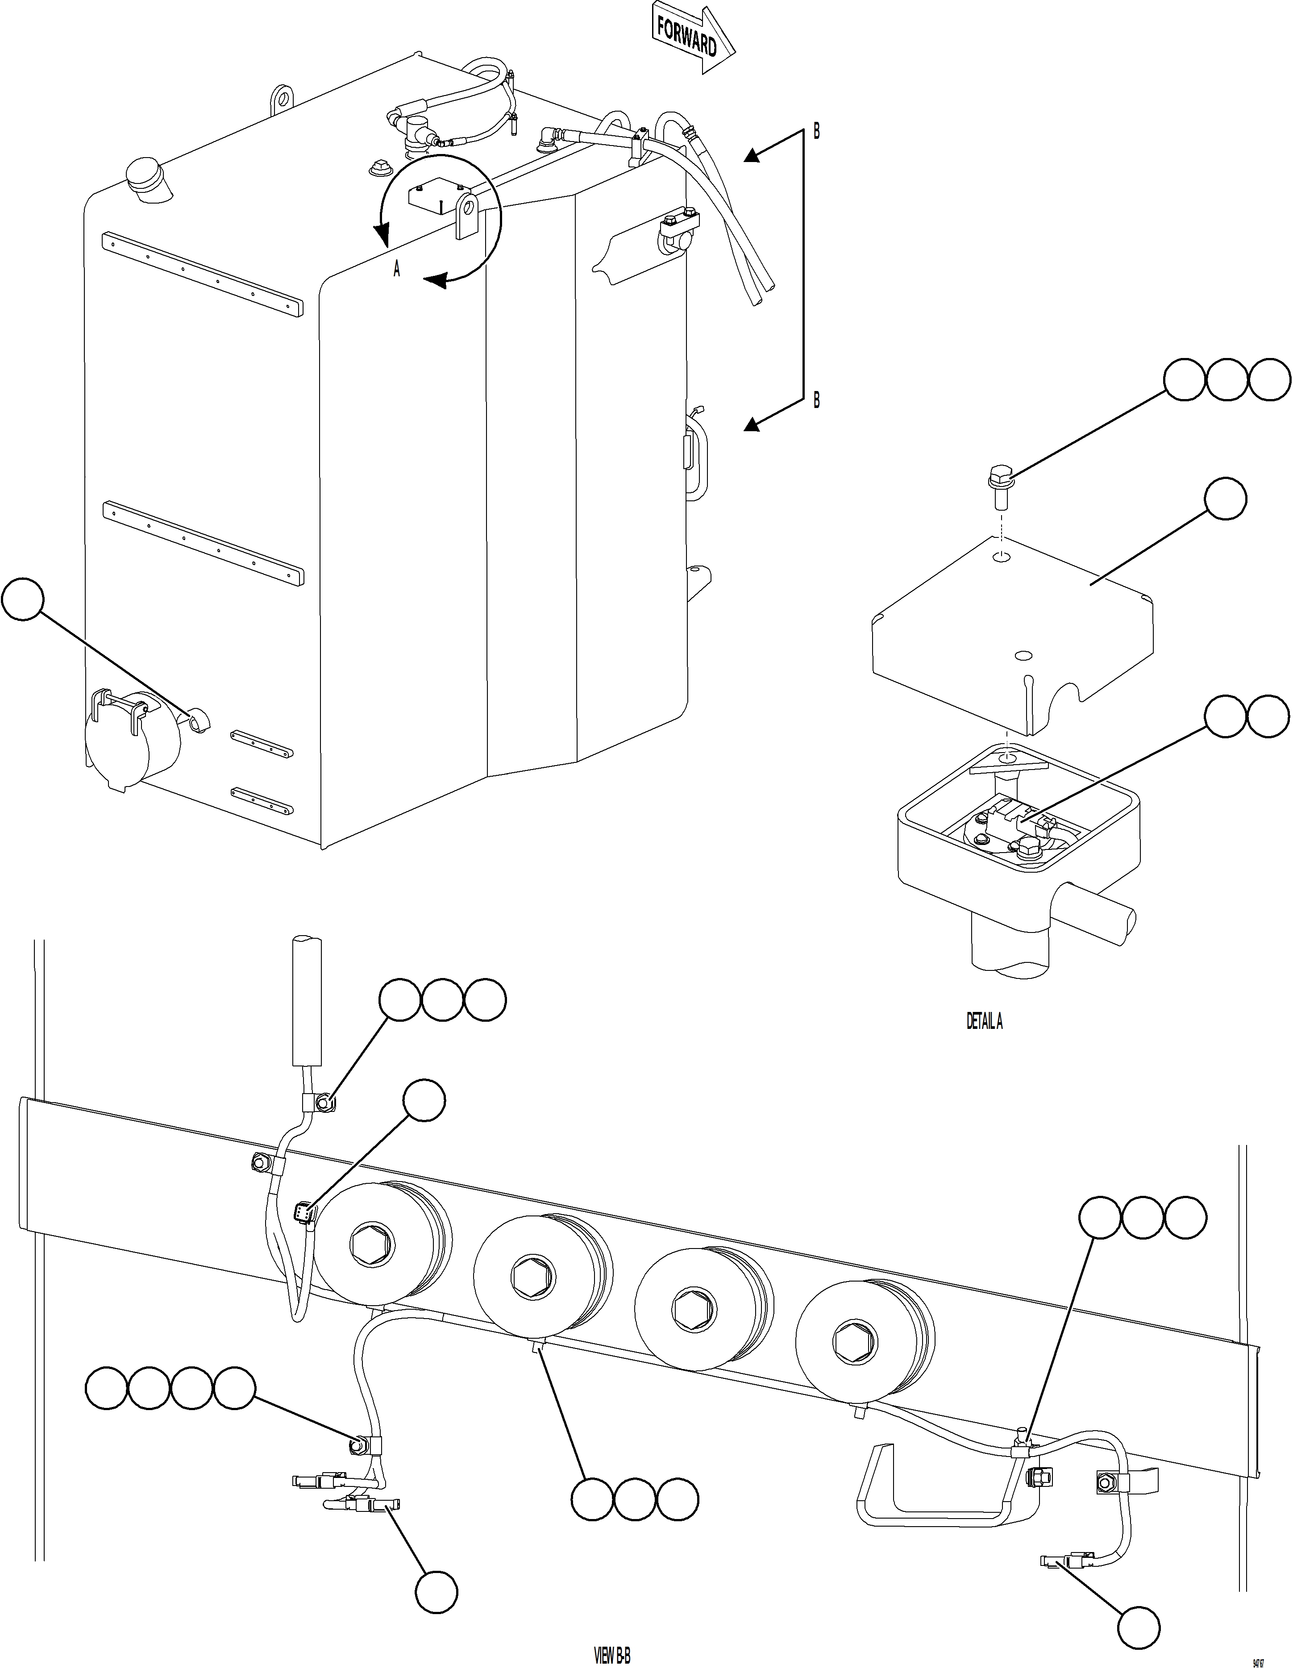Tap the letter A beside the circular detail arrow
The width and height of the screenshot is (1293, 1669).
click(x=396, y=269)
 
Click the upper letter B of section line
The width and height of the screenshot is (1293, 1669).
click(x=816, y=131)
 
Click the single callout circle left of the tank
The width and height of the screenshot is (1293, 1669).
click(x=23, y=599)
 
